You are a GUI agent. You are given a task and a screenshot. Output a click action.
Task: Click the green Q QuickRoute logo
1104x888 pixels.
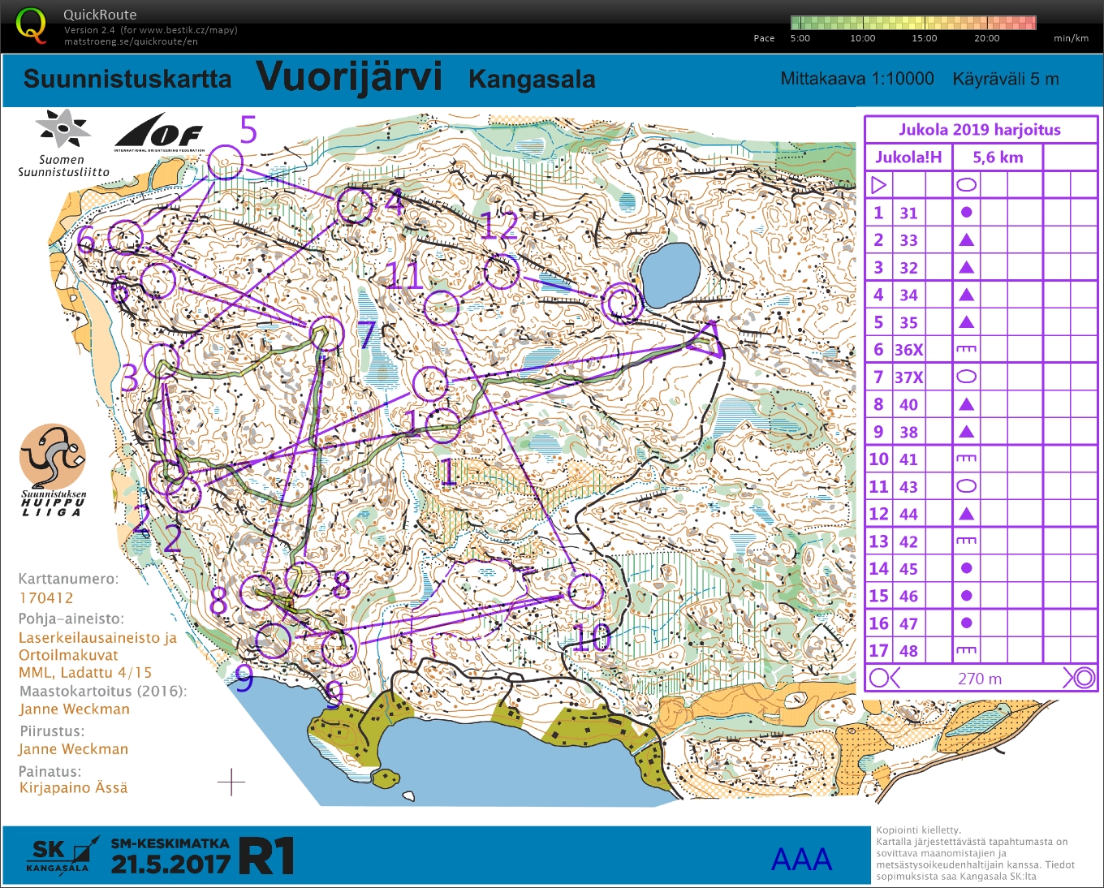pyautogui.click(x=31, y=25)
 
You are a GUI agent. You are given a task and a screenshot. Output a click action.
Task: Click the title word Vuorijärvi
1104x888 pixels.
pyautogui.click(x=349, y=77)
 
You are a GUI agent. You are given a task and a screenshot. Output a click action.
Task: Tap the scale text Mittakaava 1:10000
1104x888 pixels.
pyautogui.click(x=856, y=79)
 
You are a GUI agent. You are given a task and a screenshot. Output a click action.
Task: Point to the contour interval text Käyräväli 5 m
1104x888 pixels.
pyautogui.click(x=1005, y=79)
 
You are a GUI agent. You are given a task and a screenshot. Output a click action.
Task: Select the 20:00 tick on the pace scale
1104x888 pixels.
pyautogui.click(x=986, y=38)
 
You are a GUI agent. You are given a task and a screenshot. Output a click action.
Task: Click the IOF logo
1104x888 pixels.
pyautogui.click(x=158, y=131)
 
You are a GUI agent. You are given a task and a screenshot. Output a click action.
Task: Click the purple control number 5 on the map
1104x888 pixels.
pyautogui.click(x=248, y=131)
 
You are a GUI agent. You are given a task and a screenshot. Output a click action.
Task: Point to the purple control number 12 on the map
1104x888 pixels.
pyautogui.click(x=498, y=226)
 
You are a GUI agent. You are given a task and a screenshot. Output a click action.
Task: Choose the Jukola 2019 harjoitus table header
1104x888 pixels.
pyautogui.click(x=979, y=130)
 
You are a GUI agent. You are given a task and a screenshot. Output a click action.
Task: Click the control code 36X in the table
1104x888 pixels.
pyautogui.click(x=908, y=350)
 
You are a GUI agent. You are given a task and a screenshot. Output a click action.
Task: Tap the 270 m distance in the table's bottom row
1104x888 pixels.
pyautogui.click(x=979, y=679)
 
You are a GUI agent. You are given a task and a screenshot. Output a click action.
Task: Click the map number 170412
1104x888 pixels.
pyautogui.click(x=46, y=598)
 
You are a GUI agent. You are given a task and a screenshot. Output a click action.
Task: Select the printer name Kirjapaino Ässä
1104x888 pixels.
pyautogui.click(x=73, y=787)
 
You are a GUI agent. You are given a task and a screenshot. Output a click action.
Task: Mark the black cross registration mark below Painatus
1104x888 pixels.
pyautogui.click(x=231, y=782)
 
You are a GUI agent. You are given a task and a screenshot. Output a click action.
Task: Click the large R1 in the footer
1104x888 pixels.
pyautogui.click(x=267, y=857)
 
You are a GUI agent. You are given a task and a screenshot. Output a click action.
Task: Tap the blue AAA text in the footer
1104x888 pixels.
pyautogui.click(x=801, y=860)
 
